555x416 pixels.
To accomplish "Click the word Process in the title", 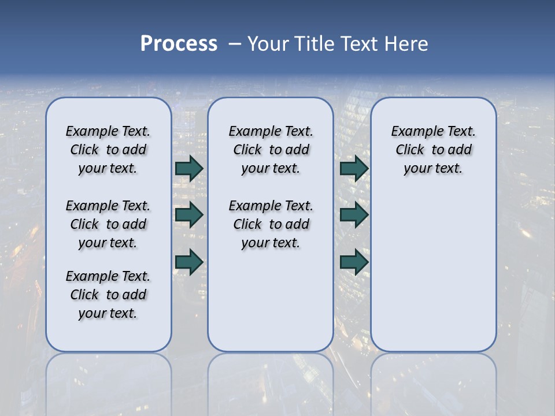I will point(179,44).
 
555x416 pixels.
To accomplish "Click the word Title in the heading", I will point(316,44).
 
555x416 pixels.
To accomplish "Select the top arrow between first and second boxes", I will point(188,168).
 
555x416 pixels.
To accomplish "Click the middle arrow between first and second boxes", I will point(188,215).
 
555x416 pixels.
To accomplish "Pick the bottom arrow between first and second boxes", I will point(188,262).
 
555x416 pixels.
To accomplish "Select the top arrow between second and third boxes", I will point(354,168).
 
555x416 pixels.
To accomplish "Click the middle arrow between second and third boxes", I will point(354,215).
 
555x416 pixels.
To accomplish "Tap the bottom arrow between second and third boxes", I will point(354,262).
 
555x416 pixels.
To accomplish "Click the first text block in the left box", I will point(108,150).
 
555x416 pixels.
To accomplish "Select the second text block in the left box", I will point(108,224).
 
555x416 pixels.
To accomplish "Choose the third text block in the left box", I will point(108,295).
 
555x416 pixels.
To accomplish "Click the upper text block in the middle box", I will point(271,150).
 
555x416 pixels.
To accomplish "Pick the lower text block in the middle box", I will point(271,224).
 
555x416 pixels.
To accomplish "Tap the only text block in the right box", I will point(434,150).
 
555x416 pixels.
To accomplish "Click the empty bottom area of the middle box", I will point(271,306).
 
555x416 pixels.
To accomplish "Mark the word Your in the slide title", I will point(268,44).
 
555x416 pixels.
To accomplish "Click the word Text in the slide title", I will point(358,44).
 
